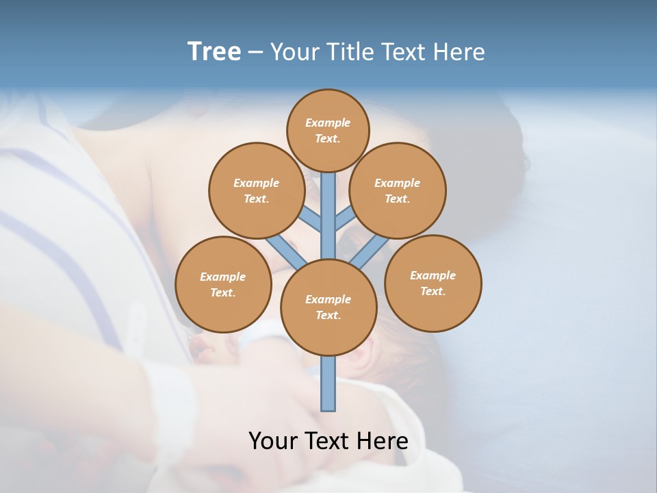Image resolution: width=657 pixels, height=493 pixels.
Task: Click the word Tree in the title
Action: tap(214, 52)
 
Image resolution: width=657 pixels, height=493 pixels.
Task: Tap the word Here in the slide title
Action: tap(461, 52)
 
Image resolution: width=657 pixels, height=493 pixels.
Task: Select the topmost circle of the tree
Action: tap(328, 130)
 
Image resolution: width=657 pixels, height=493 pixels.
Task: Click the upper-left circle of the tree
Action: tap(256, 190)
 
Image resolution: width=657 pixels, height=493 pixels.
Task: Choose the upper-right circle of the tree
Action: tap(398, 190)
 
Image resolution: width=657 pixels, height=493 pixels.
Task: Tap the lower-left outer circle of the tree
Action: tap(223, 284)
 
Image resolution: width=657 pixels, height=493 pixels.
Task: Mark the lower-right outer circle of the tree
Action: tap(433, 283)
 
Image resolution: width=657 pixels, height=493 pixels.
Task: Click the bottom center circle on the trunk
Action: tap(328, 307)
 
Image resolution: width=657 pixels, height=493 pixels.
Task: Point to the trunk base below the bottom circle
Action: tap(328, 383)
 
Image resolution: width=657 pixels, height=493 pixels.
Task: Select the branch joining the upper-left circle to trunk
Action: tap(311, 220)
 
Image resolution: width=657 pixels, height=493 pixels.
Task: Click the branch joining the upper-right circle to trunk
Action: tap(345, 219)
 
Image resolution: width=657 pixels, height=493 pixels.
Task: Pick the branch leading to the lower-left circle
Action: tap(287, 252)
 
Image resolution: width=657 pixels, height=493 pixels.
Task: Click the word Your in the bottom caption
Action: tap(274, 440)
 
